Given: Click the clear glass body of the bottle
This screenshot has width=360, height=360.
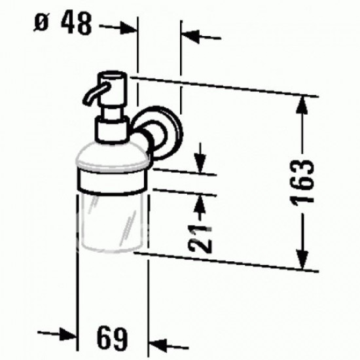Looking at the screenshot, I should [109, 223].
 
